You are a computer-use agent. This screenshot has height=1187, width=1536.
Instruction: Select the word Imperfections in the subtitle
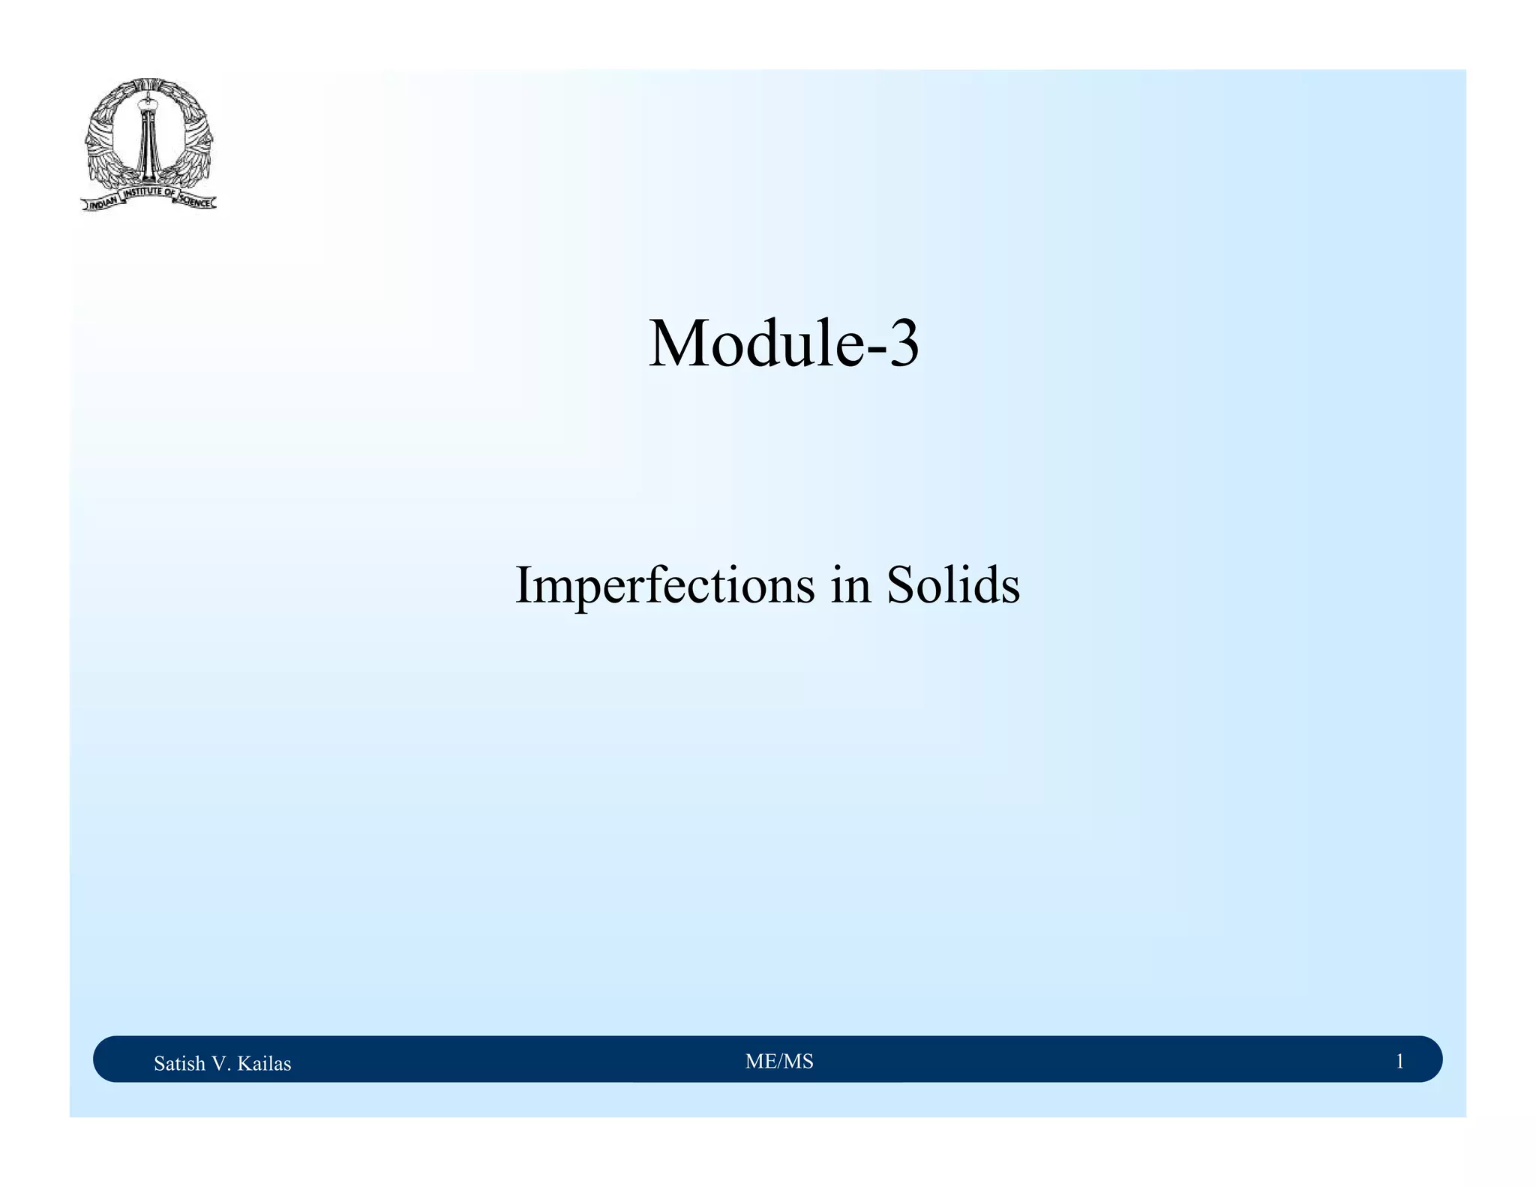point(664,586)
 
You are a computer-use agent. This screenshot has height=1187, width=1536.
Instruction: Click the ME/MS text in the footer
point(779,1062)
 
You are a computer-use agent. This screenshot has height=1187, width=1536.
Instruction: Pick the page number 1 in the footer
point(1399,1062)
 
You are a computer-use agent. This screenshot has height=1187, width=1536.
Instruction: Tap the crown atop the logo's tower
point(148,95)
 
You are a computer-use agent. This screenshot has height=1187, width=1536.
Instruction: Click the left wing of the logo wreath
point(105,139)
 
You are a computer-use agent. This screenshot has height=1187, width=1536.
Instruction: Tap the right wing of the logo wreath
point(193,139)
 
